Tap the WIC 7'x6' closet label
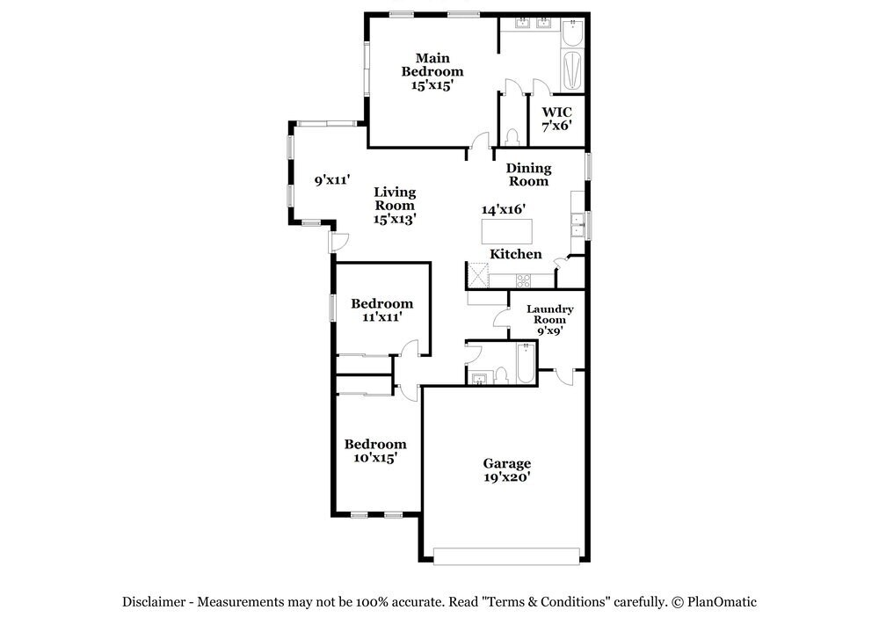[556, 119]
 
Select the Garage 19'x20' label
[507, 469]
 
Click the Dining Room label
[528, 174]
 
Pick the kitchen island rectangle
[507, 231]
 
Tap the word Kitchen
[516, 254]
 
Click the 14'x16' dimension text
[504, 209]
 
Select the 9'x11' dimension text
[332, 180]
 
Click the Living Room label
[395, 205]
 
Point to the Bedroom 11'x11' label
[382, 310]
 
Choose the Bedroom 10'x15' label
[375, 451]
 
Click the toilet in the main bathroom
[512, 137]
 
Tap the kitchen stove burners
[524, 280]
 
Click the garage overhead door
[507, 556]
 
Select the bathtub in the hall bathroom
[526, 363]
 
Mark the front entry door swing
[338, 242]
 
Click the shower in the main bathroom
[572, 70]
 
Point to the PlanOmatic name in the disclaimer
[722, 602]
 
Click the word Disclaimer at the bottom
[154, 602]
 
